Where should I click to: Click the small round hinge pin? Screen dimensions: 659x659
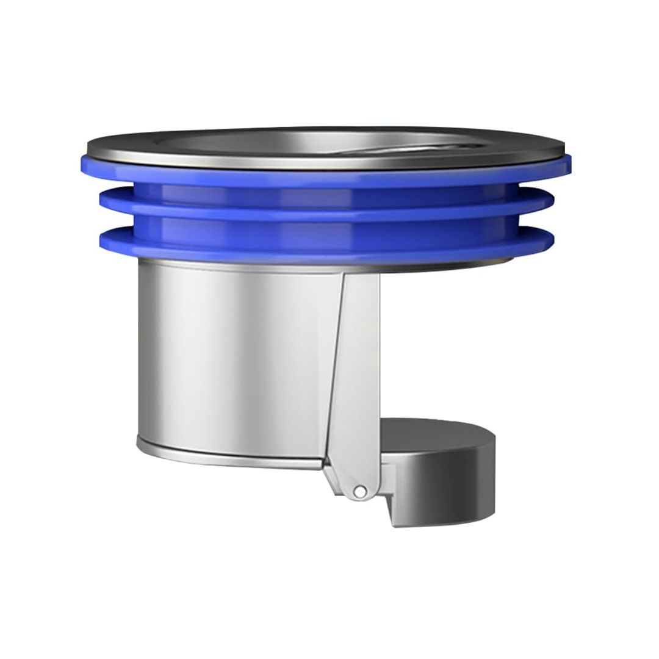361,491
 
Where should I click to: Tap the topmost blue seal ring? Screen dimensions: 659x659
329,174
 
